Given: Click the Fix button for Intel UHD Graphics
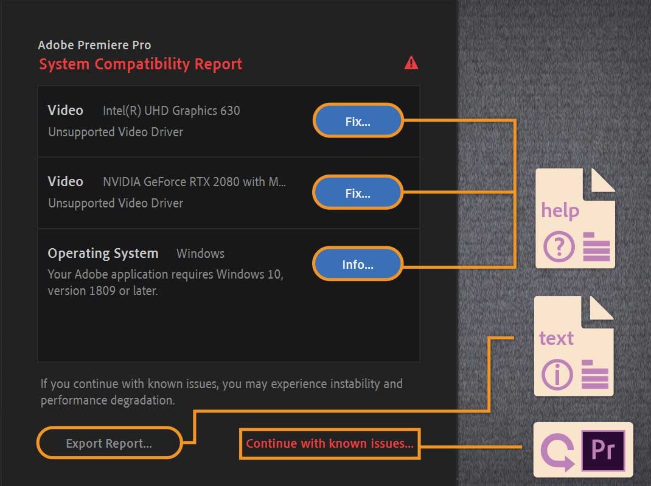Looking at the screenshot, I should coord(358,122).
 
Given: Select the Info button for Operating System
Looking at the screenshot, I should coord(358,265).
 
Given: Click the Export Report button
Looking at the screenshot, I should coord(110,443).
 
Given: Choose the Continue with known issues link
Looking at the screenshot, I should coord(330,443).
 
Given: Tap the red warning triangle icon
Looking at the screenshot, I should coord(411,63).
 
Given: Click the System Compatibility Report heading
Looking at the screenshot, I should coord(141,64).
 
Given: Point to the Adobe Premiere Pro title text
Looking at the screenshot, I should coord(94,45).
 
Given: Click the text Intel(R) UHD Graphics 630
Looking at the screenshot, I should coord(172,111).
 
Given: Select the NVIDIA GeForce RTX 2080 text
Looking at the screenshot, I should coord(194,182).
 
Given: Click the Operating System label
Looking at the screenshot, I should coord(103,253).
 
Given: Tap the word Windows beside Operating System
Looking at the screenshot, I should coord(200,254).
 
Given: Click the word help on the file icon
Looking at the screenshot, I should coord(560,210).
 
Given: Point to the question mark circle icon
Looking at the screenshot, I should coord(557,247).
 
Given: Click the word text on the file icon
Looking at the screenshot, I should coord(556,338).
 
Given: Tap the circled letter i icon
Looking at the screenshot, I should coord(555,375).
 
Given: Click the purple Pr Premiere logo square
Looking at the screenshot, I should coord(603,451).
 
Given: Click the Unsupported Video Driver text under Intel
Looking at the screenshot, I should coord(116,132).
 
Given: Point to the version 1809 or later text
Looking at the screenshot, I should coord(103,291).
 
